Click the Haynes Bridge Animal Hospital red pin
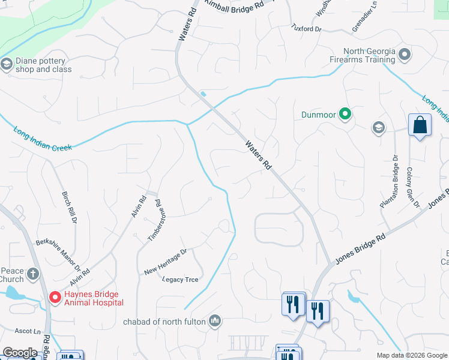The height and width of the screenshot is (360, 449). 54,297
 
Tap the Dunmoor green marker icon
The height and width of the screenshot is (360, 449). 345,113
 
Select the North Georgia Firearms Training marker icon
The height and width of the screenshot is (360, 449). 405,55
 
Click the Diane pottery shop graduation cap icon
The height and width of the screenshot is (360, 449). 7,64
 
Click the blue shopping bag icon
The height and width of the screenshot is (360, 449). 420,126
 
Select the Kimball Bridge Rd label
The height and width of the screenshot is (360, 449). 234,5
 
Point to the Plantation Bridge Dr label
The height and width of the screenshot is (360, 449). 389,182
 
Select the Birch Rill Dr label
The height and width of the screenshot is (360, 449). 70,208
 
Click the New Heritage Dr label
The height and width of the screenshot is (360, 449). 166,262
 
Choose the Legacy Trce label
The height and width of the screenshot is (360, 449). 180,280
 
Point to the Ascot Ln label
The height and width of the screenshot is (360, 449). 28,331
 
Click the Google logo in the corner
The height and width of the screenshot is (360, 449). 20,353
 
